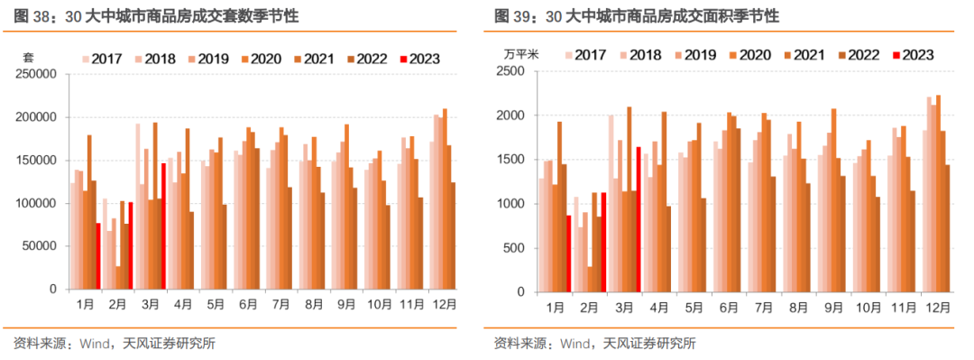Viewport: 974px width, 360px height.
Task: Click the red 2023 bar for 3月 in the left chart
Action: point(163,226)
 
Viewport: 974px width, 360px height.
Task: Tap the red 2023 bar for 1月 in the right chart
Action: point(569,254)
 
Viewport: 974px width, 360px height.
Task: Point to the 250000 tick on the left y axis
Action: point(37,74)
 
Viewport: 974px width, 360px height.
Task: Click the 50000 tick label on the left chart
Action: point(41,246)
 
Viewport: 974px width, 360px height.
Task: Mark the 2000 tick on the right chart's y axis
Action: point(510,116)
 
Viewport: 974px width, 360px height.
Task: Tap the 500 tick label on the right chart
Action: point(514,248)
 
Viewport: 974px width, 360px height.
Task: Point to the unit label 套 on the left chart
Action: point(28,57)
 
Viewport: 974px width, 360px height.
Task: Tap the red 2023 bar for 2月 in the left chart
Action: point(131,245)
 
